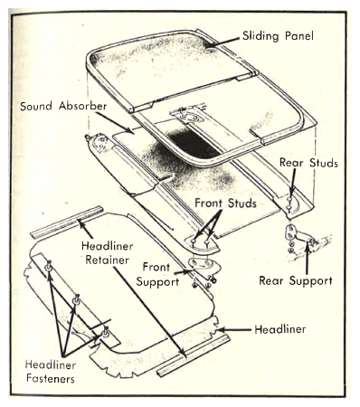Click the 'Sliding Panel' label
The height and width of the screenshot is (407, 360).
[278, 36]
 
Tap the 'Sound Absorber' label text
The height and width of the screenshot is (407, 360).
[63, 106]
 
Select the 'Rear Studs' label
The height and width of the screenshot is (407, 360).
[308, 163]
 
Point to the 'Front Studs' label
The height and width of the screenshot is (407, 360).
[225, 203]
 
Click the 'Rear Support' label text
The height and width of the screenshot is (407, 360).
[296, 280]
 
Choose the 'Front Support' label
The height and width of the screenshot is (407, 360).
[157, 274]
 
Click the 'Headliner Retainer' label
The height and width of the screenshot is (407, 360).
[108, 253]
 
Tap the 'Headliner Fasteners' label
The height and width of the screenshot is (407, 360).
[51, 372]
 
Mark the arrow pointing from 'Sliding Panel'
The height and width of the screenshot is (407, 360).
[223, 42]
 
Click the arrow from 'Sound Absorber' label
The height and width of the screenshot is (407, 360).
[115, 122]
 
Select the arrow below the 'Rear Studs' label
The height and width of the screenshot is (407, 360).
[292, 183]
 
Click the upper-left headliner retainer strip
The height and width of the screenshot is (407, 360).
[67, 222]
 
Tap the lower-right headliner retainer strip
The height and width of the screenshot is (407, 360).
[193, 355]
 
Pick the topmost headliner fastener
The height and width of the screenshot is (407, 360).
[49, 266]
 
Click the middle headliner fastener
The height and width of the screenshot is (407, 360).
[76, 299]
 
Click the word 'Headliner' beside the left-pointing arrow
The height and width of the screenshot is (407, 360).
[279, 329]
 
